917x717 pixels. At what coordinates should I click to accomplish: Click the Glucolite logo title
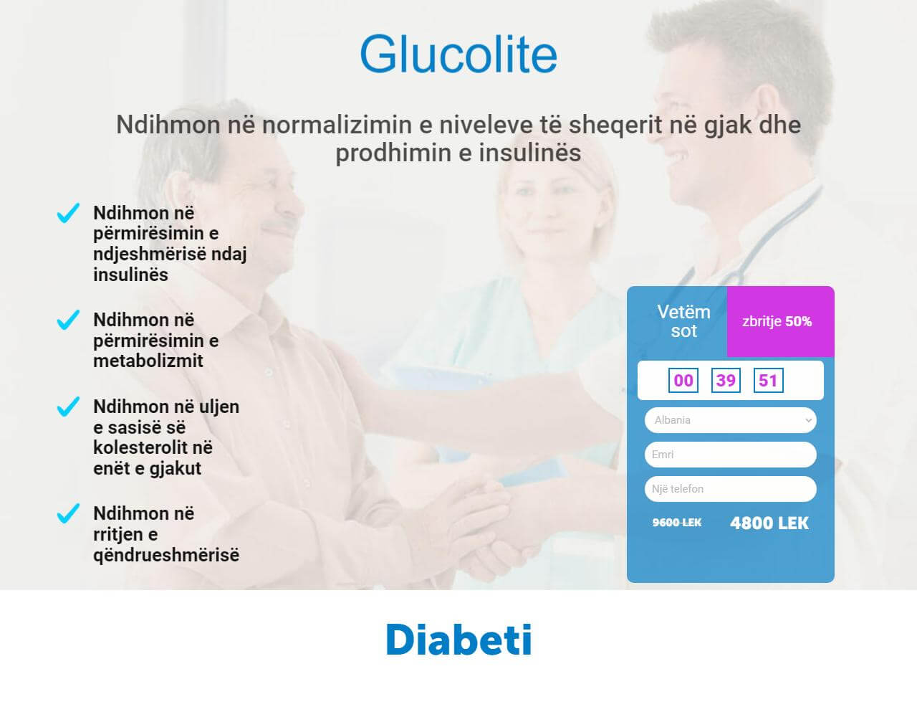click(458, 54)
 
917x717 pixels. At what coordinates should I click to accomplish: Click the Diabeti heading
click(458, 640)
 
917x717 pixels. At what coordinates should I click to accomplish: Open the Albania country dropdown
click(730, 420)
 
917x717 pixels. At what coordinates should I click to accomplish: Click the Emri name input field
click(730, 455)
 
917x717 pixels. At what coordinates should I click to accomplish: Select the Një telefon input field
click(730, 489)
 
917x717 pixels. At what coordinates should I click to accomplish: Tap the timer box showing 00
click(683, 380)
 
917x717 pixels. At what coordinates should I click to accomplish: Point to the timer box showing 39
click(726, 380)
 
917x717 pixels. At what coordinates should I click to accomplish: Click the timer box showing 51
click(768, 380)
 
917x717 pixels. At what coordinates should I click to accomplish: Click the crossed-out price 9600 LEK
click(677, 523)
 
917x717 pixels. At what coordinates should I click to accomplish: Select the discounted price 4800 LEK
click(769, 523)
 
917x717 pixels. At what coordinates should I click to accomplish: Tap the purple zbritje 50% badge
click(780, 321)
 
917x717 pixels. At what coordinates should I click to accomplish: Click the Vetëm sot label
click(683, 321)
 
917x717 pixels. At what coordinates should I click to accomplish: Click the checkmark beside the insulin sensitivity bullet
click(68, 213)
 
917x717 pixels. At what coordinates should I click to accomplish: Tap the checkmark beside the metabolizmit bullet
click(68, 320)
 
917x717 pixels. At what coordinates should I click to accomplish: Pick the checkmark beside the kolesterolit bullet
click(68, 407)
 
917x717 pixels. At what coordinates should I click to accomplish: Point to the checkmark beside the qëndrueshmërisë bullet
click(68, 513)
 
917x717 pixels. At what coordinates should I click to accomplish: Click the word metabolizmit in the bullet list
click(148, 361)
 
